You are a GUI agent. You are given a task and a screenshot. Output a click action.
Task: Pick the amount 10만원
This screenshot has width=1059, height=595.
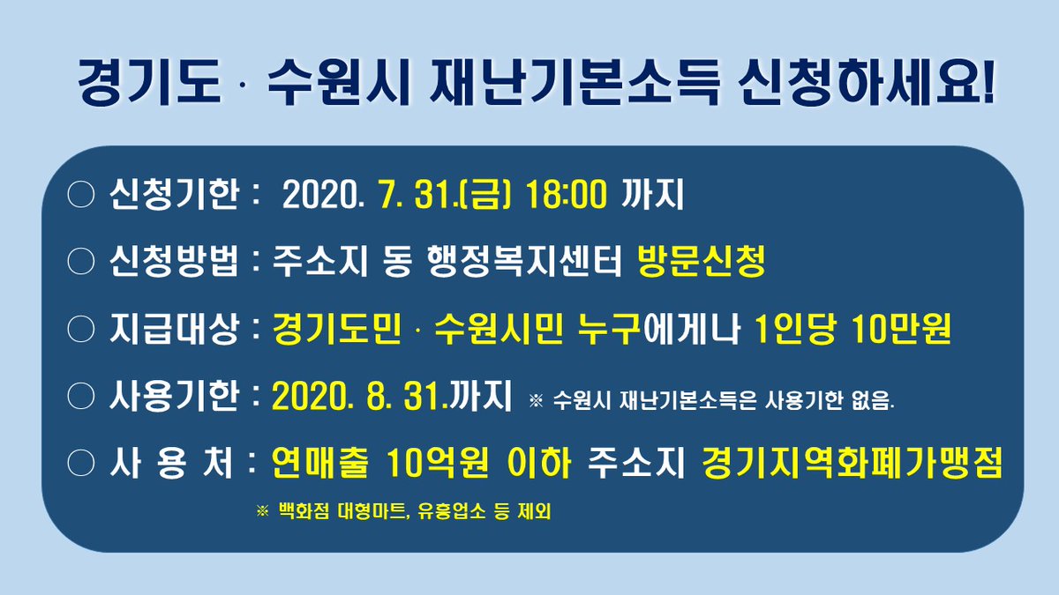tap(901, 328)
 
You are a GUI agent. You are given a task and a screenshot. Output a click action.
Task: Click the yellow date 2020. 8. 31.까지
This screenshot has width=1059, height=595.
tap(392, 398)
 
